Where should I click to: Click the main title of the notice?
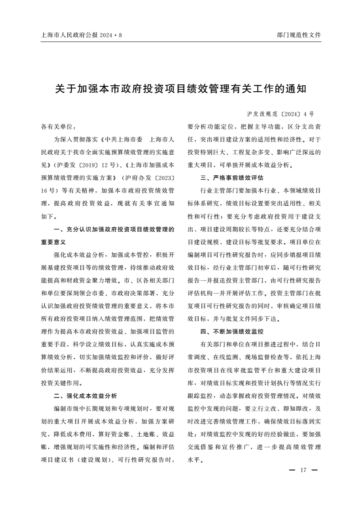pos(181,89)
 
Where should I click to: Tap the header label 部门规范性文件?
pos(299,35)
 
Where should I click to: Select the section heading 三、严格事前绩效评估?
pos(232,178)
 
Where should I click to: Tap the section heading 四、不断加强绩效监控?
pos(232,331)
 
